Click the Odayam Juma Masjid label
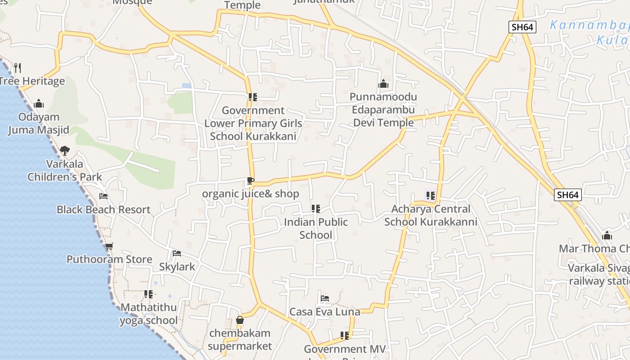39,124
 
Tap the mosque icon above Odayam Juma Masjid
39,104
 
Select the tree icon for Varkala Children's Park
65,150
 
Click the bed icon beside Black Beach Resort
103,196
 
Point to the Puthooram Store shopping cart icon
109,246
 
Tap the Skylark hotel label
177,266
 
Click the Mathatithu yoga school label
148,314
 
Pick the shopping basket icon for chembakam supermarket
240,320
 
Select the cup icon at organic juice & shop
250,181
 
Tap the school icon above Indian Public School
316,209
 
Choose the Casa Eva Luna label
324,312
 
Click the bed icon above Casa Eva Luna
325,298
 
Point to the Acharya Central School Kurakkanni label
431,216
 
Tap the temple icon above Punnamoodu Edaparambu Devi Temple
383,84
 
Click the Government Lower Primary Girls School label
253,123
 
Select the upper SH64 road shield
523,27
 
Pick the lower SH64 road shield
567,195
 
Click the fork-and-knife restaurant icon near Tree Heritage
18,68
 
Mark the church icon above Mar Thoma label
607,235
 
